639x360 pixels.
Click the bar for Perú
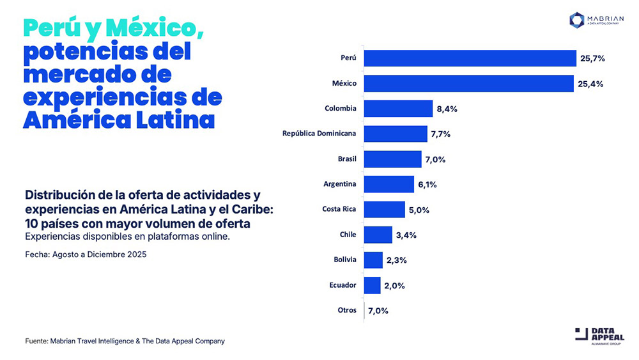pos(470,58)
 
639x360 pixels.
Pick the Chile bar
pos(378,235)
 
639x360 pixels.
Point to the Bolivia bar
pos(373,260)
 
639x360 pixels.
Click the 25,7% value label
pos(592,58)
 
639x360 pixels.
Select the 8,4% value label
pos(447,109)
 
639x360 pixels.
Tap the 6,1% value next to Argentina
pos(428,184)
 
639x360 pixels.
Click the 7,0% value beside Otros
pos(378,310)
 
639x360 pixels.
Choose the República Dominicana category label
pos(319,134)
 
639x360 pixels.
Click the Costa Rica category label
pos(339,209)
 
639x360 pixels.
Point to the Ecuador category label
pos(343,285)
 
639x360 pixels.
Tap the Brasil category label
pos(347,159)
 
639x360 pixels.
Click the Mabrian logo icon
pos(577,20)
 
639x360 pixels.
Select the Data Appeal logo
pos(600,335)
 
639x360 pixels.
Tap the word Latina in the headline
pos(174,120)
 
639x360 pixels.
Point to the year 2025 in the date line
pos(137,254)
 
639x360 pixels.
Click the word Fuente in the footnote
pos(36,341)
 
